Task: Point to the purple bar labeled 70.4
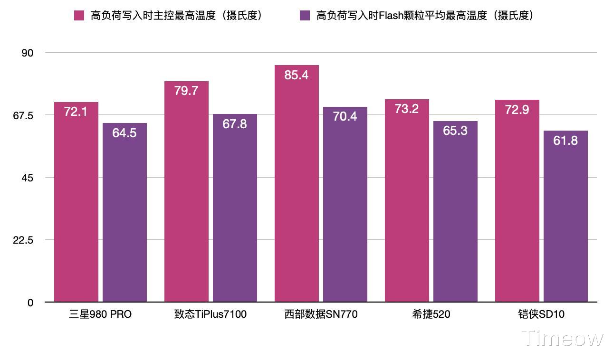[345, 204]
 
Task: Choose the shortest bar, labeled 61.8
[565, 216]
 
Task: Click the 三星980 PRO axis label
[100, 314]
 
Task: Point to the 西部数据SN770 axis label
[321, 314]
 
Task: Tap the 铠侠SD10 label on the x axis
[541, 314]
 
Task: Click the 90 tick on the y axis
[28, 53]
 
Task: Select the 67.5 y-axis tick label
[24, 115]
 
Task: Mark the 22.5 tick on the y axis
[24, 240]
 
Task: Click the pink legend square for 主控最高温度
[79, 16]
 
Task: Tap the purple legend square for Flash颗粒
[305, 16]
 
